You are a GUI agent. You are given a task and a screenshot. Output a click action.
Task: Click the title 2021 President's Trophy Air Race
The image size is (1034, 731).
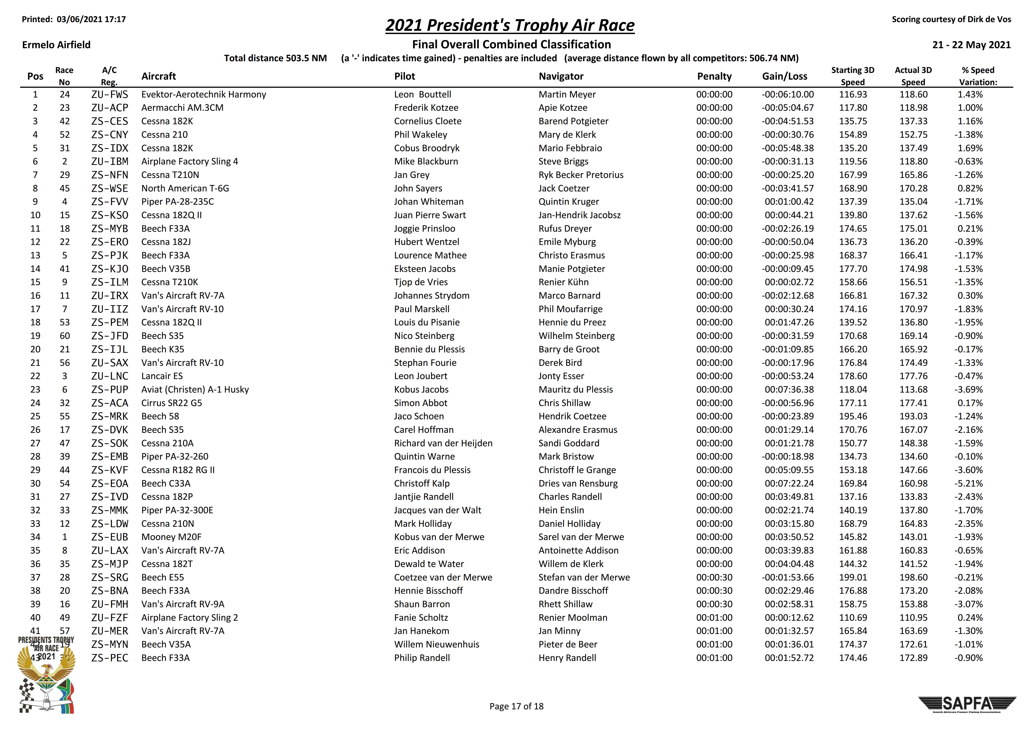tap(510, 25)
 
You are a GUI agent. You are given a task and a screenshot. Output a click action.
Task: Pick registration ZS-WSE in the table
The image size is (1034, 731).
tap(109, 188)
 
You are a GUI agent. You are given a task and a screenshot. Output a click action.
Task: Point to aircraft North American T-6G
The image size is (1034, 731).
tap(185, 188)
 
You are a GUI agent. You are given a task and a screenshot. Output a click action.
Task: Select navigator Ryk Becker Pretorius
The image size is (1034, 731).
tap(581, 175)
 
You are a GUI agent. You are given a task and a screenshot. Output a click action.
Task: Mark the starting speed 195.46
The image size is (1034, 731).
tap(852, 416)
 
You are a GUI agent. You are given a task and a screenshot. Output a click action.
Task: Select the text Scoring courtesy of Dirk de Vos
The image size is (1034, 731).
tap(951, 19)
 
